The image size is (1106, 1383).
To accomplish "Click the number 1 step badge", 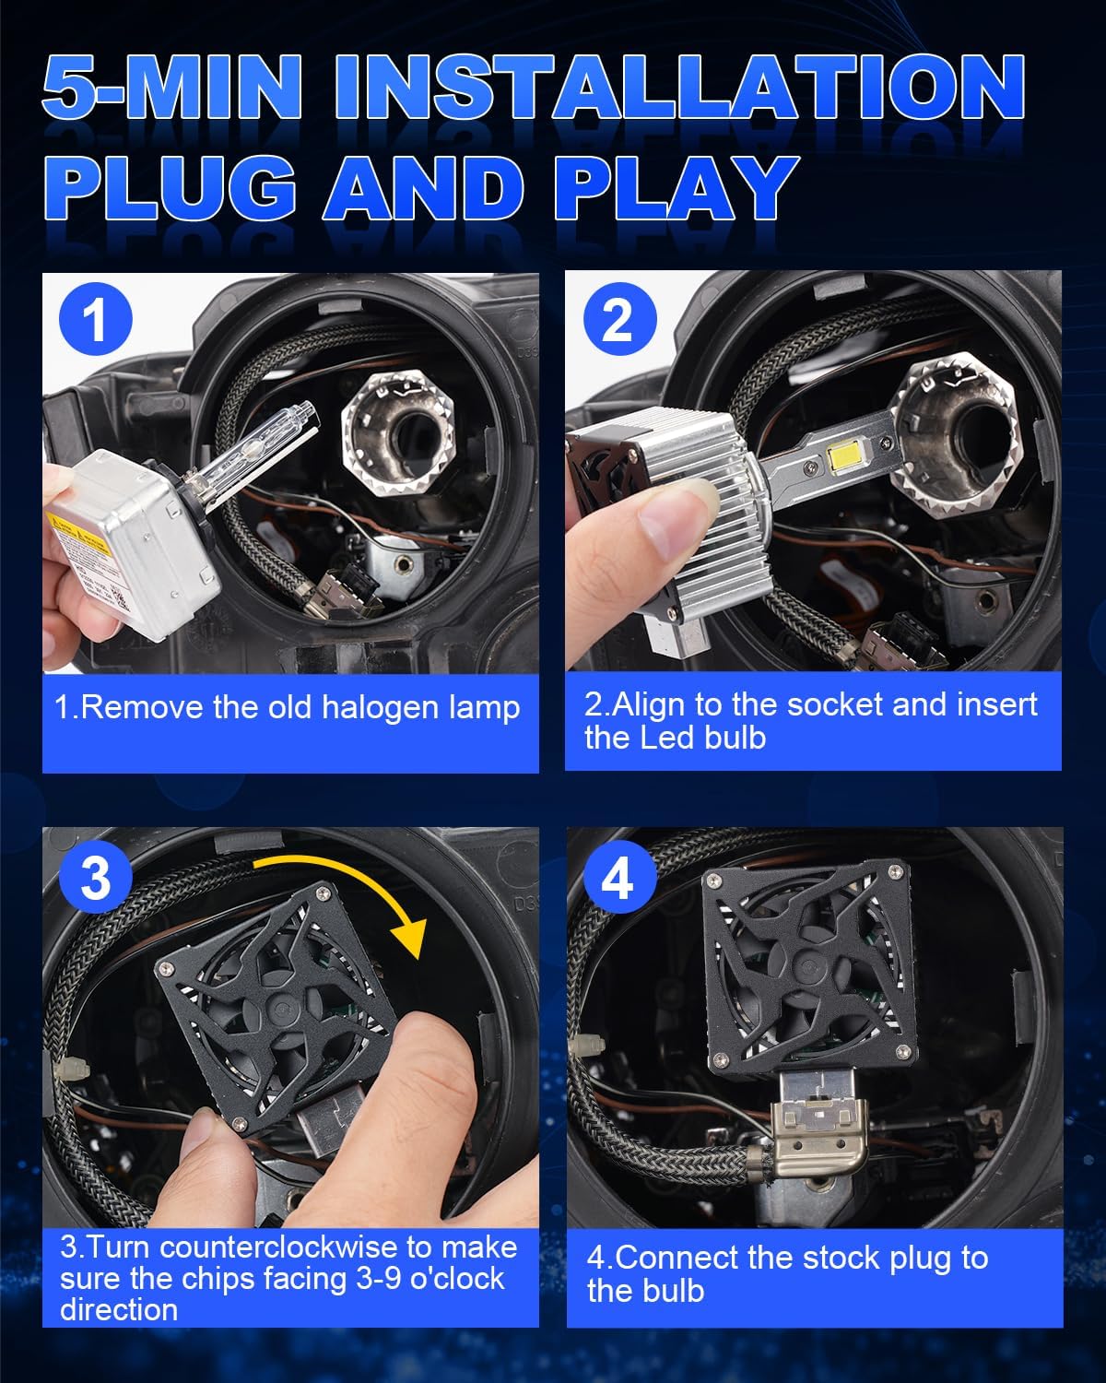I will pyautogui.click(x=95, y=320).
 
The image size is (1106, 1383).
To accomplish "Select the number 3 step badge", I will pyautogui.click(x=95, y=877).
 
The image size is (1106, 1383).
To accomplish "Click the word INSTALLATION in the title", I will pyautogui.click(x=679, y=89).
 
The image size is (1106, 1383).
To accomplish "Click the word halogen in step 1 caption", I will pyautogui.click(x=354, y=708).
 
